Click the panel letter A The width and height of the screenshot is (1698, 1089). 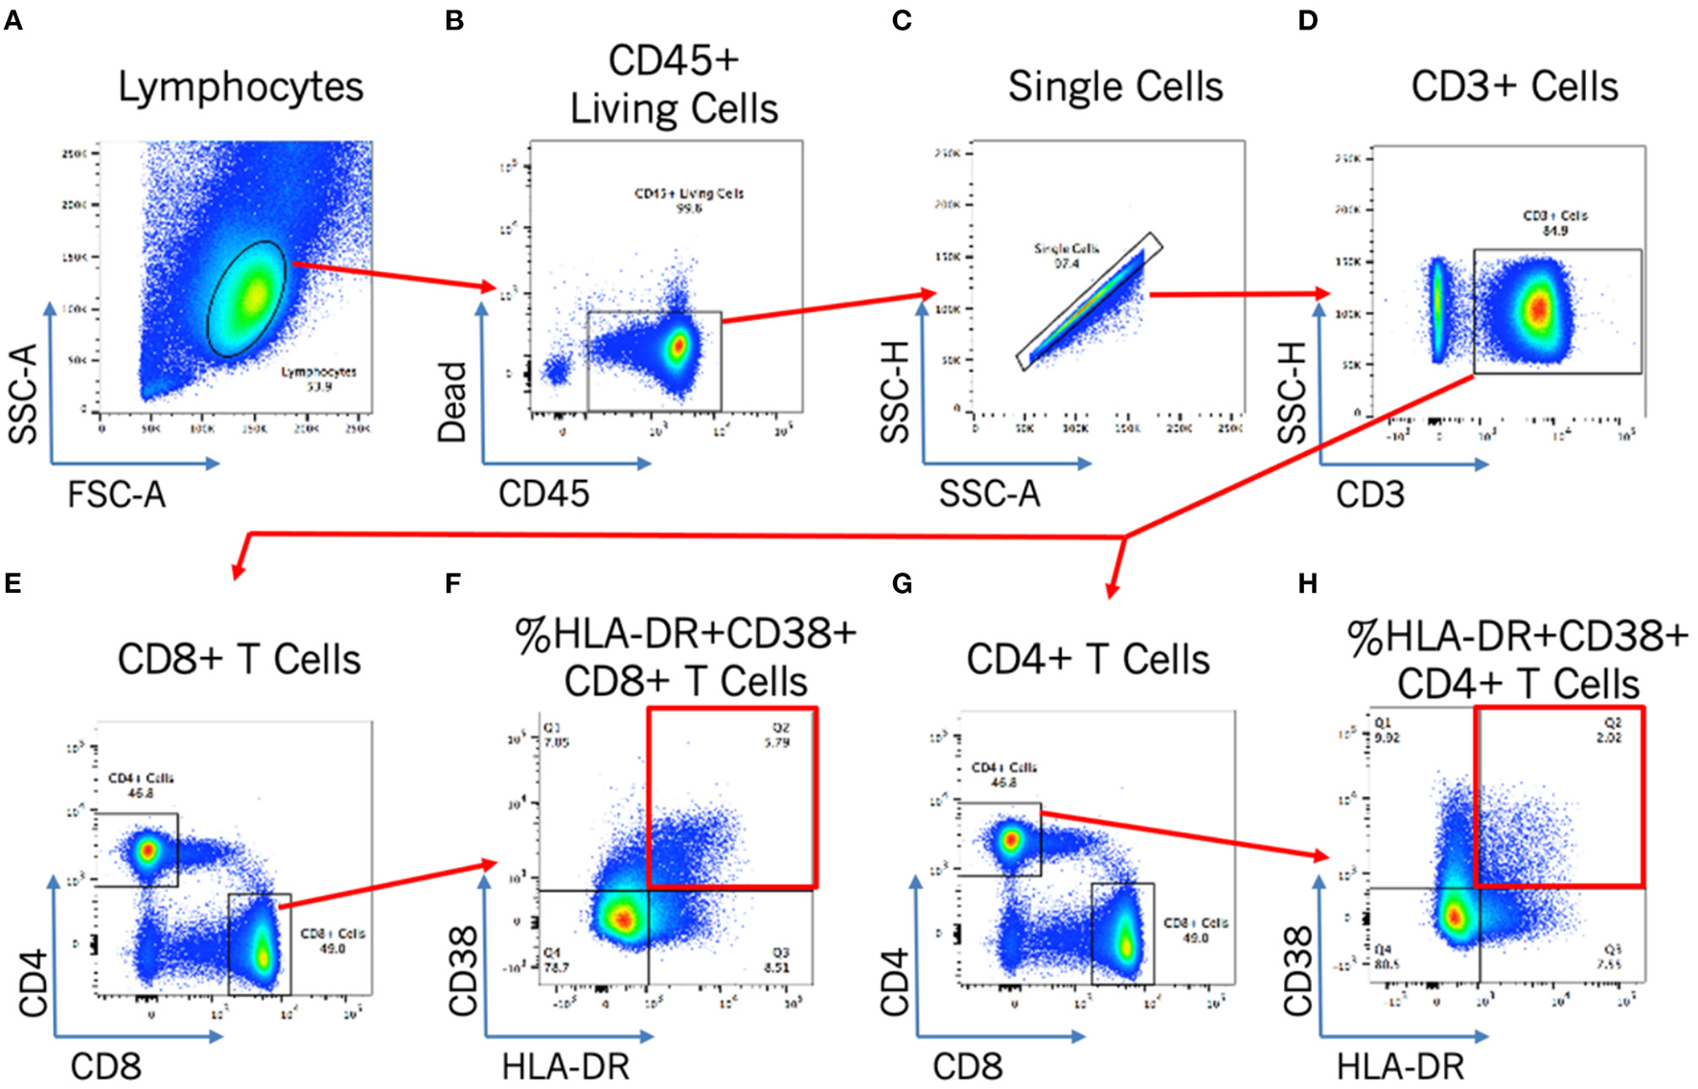point(13,20)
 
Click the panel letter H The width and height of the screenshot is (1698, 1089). point(1308,583)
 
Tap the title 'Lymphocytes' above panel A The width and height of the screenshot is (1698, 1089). point(241,86)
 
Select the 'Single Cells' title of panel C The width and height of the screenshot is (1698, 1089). point(1115,86)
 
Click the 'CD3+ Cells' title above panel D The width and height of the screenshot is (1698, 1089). point(1514,86)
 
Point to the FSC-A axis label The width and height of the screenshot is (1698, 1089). point(116,494)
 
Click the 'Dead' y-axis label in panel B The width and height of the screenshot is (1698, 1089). point(451,401)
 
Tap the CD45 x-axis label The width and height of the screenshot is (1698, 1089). point(543,494)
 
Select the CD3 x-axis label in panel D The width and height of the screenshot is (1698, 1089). point(1369,494)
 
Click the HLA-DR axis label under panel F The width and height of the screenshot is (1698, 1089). point(565,1066)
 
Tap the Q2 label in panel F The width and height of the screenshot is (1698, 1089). point(780,728)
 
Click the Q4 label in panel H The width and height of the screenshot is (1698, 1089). point(1382,949)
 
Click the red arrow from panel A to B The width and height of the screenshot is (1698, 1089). point(394,275)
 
